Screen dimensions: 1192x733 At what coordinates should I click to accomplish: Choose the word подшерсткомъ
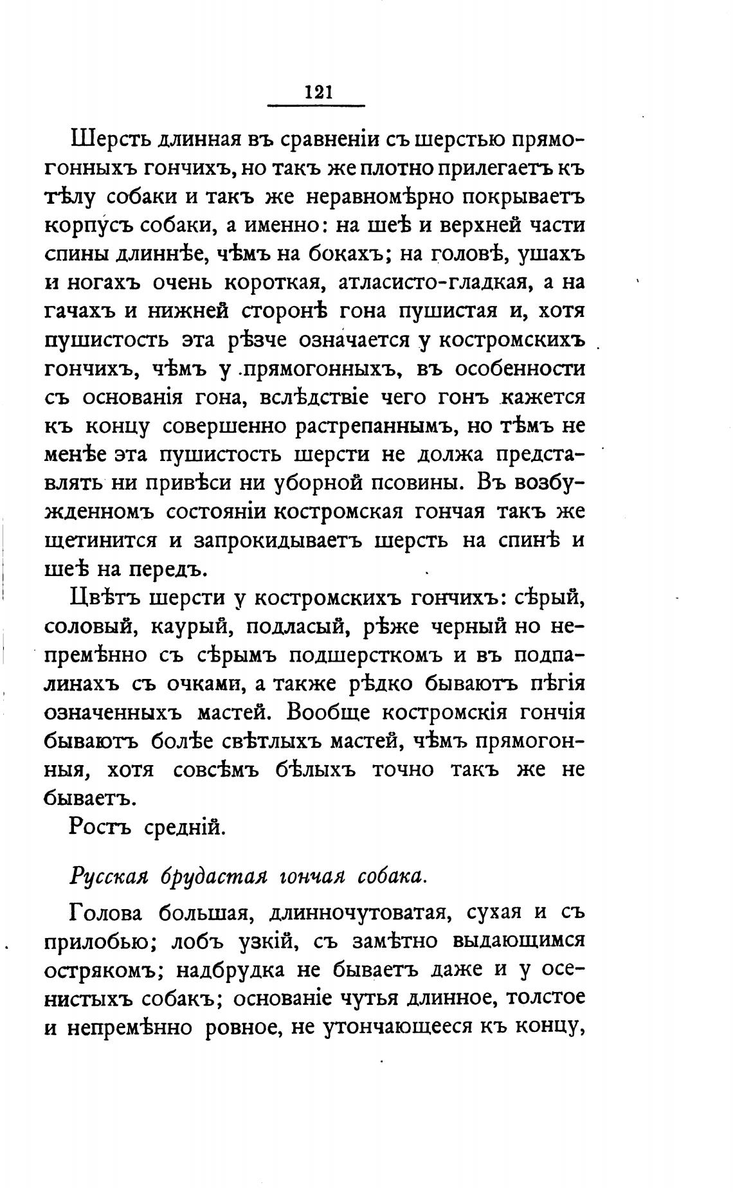coord(372,655)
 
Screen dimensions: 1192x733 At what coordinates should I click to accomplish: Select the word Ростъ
coord(99,826)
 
